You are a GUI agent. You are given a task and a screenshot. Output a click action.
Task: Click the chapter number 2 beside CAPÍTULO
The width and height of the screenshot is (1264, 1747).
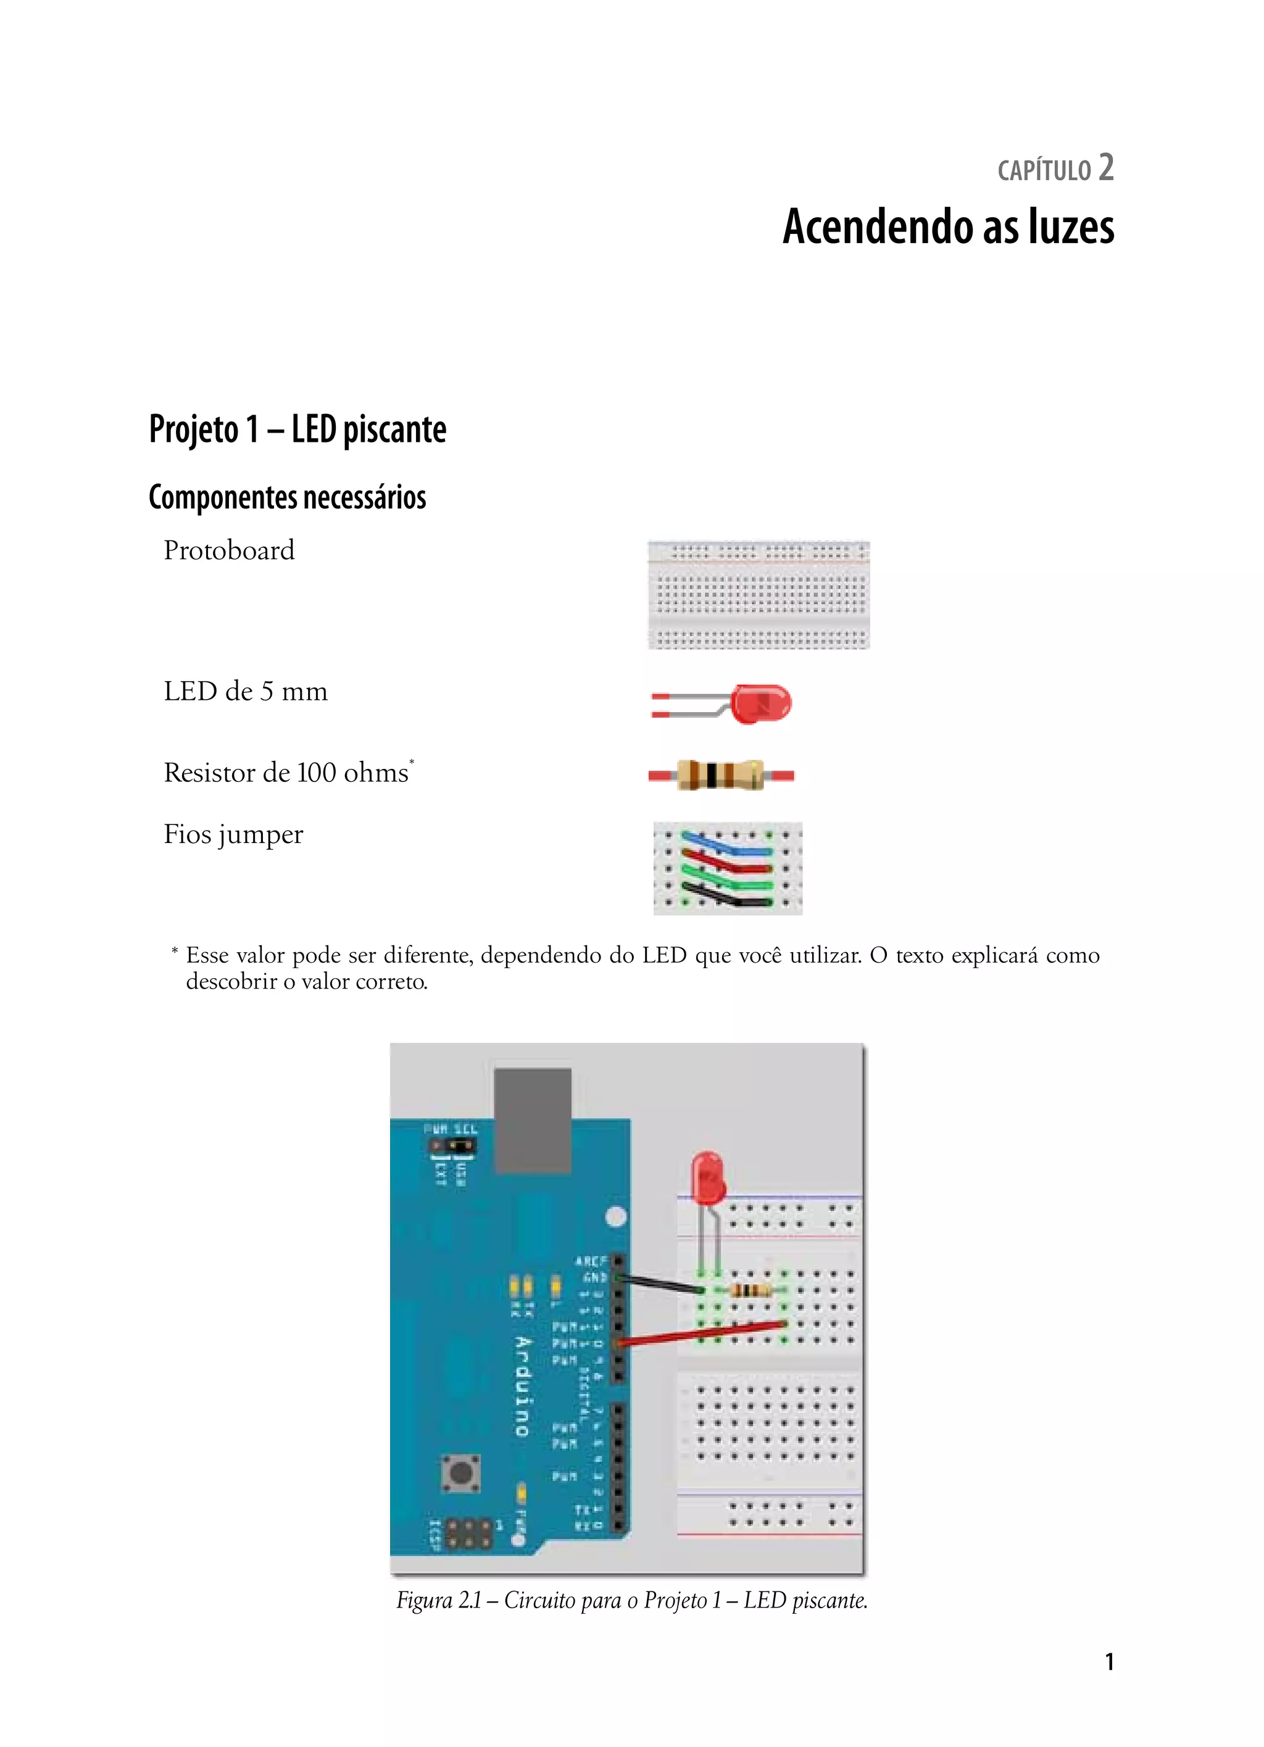click(1105, 168)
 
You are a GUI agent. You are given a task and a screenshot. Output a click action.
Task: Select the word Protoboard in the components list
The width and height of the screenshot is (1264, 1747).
click(229, 550)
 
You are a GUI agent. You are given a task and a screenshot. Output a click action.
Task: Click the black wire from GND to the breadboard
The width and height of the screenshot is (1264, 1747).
click(661, 1284)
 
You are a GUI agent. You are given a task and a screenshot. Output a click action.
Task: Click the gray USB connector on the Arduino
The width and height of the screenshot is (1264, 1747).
click(532, 1121)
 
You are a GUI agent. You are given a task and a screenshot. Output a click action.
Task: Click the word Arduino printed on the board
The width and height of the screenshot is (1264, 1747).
click(522, 1387)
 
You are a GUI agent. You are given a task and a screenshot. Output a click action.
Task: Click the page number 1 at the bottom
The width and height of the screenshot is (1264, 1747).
click(1109, 1661)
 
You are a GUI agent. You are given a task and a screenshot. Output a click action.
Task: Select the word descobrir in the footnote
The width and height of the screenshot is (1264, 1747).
click(231, 982)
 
